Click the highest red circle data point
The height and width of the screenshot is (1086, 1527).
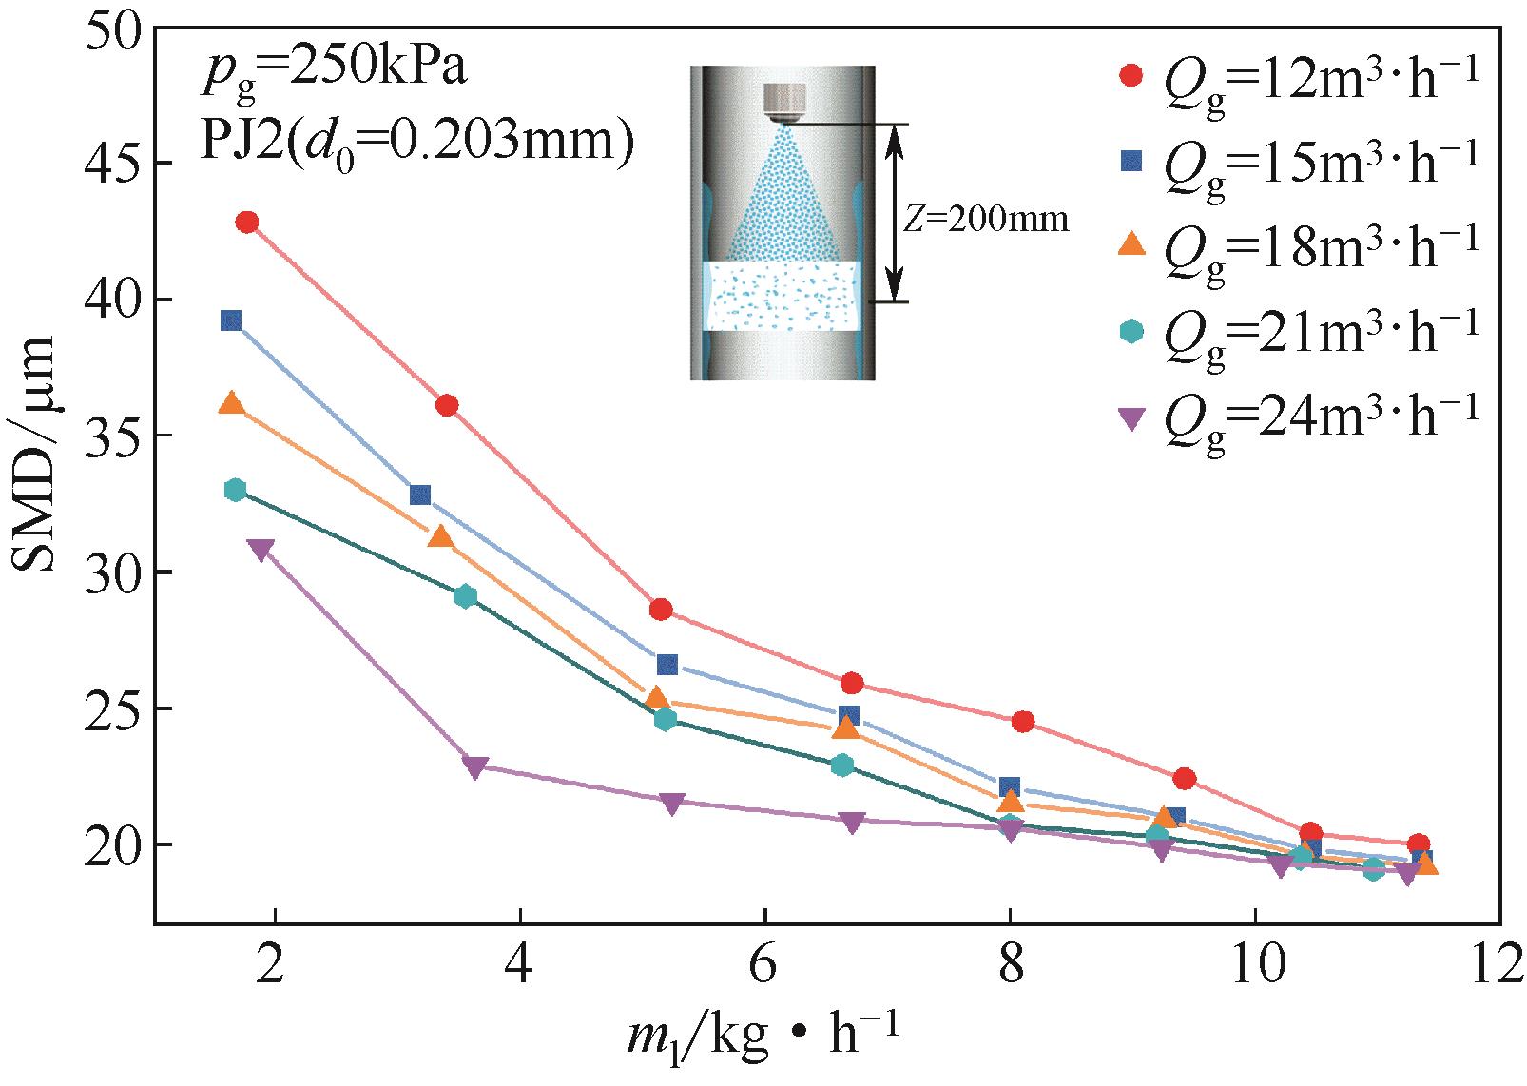click(x=247, y=223)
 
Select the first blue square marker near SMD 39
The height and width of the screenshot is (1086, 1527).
click(x=231, y=320)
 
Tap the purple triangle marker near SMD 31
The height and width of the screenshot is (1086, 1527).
click(x=260, y=550)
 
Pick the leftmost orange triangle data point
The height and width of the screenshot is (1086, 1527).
click(x=231, y=403)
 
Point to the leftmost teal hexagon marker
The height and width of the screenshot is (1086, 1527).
click(x=235, y=490)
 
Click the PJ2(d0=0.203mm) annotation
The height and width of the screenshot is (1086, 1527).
click(x=416, y=143)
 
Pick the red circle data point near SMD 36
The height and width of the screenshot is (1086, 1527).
click(x=447, y=406)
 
